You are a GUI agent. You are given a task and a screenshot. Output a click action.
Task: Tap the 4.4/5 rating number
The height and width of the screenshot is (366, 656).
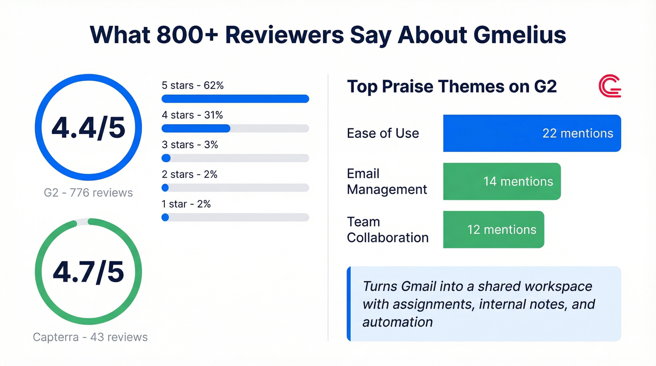click(x=88, y=127)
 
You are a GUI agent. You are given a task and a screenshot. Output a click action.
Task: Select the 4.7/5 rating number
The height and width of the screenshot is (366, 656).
click(x=88, y=272)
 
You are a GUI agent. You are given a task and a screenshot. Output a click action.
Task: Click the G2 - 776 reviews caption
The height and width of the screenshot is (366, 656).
click(x=88, y=193)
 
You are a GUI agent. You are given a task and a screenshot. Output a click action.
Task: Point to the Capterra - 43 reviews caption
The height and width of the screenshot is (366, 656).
click(x=90, y=337)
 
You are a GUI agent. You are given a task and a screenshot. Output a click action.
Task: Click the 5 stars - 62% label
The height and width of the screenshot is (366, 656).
click(x=193, y=86)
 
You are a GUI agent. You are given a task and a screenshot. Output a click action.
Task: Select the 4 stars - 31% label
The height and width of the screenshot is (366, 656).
click(x=192, y=115)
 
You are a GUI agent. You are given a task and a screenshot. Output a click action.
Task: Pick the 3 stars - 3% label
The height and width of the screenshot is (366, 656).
click(x=190, y=145)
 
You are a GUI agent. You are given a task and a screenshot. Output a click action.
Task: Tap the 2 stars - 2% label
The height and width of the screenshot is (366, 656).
click(x=189, y=174)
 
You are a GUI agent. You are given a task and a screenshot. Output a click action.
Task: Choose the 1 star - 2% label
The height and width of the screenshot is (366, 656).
click(x=186, y=204)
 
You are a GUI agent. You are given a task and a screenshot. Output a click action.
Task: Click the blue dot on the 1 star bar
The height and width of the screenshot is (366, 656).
click(x=165, y=217)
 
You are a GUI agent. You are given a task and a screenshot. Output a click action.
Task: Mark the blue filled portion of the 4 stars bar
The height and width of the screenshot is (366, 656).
click(x=195, y=128)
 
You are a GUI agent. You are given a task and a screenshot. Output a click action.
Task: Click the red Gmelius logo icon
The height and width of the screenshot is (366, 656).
click(x=610, y=86)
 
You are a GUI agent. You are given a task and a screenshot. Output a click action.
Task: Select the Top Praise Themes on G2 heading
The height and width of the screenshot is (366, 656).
click(x=452, y=87)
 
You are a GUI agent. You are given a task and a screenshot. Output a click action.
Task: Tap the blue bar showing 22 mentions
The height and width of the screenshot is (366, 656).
click(x=532, y=134)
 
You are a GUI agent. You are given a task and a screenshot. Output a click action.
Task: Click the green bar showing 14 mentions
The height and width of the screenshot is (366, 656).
click(x=501, y=181)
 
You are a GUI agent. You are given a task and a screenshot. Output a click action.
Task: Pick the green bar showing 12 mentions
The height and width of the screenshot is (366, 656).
click(x=493, y=230)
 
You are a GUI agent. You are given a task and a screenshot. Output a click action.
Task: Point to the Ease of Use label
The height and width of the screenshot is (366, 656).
click(x=383, y=133)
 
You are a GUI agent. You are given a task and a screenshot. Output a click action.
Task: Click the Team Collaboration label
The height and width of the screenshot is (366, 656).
click(x=388, y=230)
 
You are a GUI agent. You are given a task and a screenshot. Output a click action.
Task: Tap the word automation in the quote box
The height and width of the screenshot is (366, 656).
click(x=397, y=322)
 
